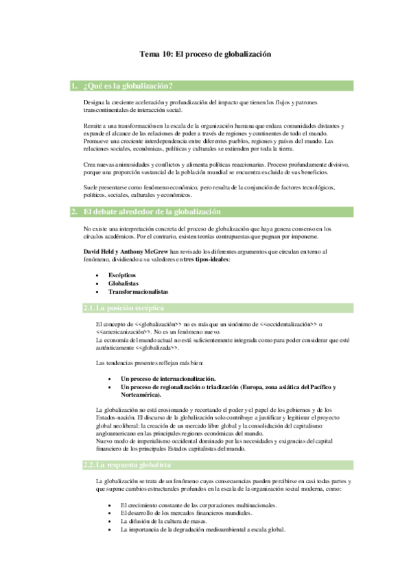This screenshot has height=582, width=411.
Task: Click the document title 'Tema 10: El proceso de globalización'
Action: click(x=206, y=53)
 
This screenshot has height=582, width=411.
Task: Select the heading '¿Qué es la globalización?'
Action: click(x=126, y=86)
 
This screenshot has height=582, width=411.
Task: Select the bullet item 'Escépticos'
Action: click(x=121, y=274)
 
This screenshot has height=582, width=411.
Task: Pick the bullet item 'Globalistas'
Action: click(x=123, y=282)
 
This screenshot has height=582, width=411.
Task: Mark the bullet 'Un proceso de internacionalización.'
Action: click(x=167, y=379)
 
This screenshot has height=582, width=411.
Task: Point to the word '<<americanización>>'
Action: click(x=128, y=332)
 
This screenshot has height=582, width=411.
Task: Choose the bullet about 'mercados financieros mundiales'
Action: click(x=185, y=513)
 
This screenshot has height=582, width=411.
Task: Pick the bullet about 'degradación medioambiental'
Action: click(x=202, y=529)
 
